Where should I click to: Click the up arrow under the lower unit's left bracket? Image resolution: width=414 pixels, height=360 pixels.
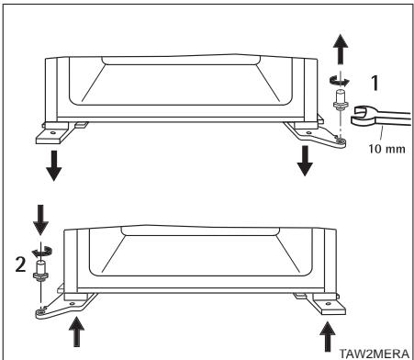point(78,332)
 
